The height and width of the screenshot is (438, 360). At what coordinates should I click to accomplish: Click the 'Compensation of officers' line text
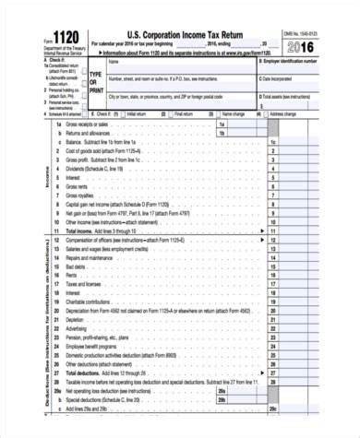pos(120,239)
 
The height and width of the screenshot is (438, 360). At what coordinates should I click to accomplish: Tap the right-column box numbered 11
pos(272,230)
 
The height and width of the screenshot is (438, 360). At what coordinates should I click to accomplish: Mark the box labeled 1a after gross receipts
pos(222,124)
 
